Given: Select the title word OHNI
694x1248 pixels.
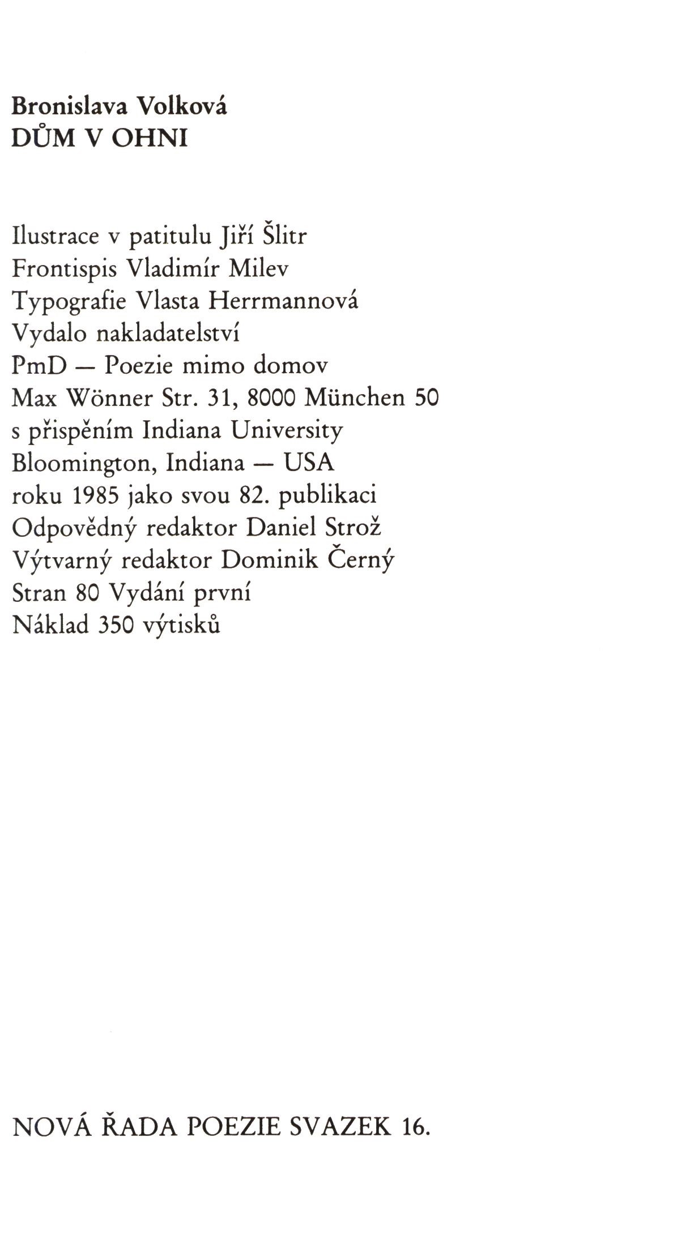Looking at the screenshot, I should [150, 139].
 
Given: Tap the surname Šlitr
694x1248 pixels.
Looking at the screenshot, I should [286, 236].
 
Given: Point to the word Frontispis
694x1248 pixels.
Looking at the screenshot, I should [64, 268].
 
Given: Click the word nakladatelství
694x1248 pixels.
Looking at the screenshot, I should [168, 333].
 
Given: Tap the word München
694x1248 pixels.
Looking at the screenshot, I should [355, 398].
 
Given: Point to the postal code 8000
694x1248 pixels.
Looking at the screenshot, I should [273, 399].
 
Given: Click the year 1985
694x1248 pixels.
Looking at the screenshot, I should [96, 496].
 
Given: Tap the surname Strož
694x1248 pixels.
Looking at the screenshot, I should [353, 528].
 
